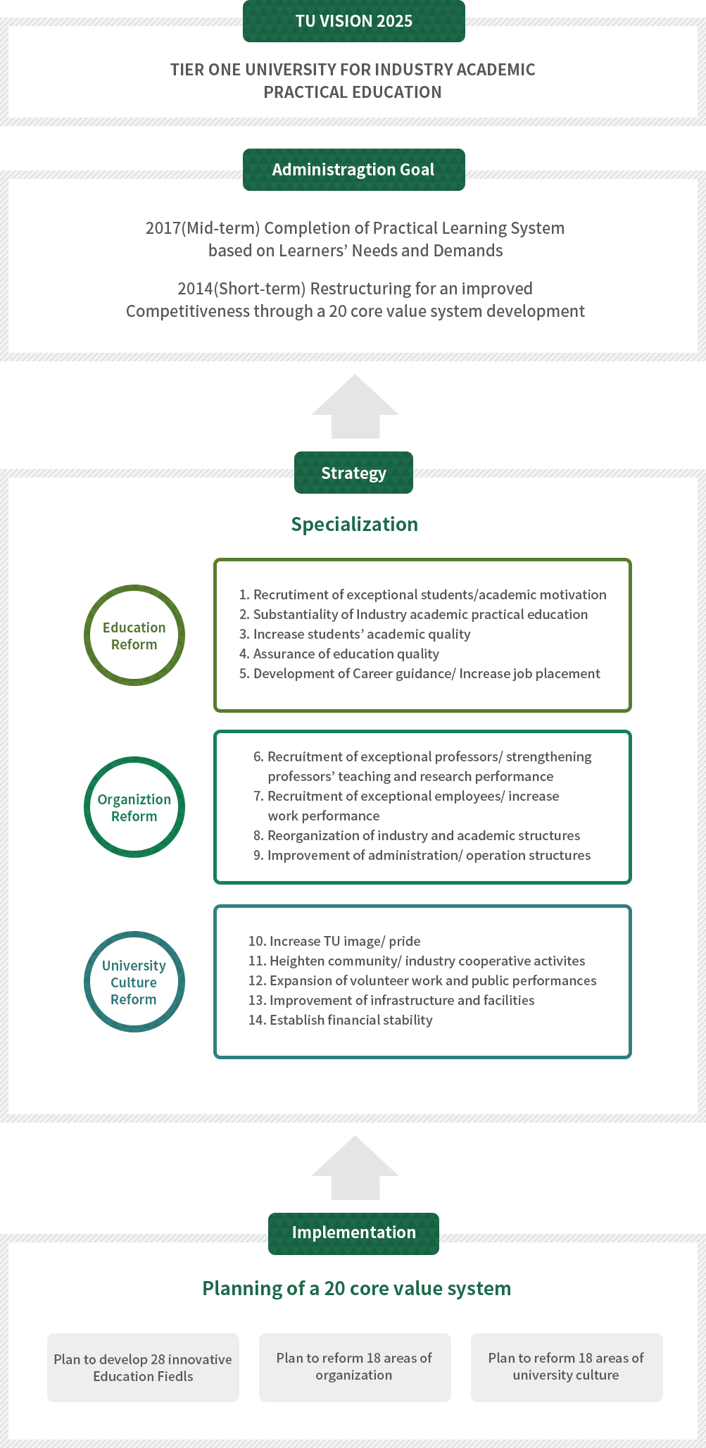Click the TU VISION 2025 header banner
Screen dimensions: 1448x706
pos(353,21)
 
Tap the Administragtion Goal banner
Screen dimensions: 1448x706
pos(353,170)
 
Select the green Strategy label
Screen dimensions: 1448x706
pos(353,473)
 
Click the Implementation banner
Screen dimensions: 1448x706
pos(353,1232)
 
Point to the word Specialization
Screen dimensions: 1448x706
pos(354,525)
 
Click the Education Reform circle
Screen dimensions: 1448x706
pos(134,635)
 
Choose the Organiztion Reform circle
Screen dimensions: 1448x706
pos(134,807)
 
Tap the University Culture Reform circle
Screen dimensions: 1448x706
pos(134,982)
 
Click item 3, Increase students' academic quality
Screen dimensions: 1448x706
pos(355,634)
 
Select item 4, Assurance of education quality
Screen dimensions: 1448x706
pos(339,654)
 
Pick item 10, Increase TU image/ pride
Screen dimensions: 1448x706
pos(334,941)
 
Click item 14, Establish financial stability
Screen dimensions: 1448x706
pos(341,1020)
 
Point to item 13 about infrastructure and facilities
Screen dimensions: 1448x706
pos(391,1000)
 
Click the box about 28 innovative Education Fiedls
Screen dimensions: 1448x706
pos(143,1368)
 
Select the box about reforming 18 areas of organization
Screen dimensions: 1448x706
pos(354,1366)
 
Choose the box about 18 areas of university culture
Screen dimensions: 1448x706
pos(566,1366)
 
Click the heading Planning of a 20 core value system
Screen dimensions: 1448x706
pos(356,1289)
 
